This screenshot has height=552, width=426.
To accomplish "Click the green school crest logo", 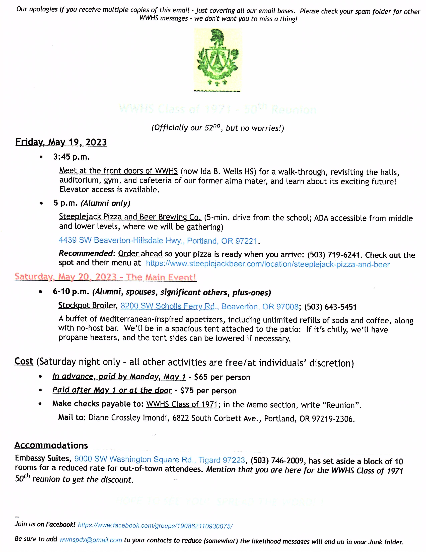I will (217, 59).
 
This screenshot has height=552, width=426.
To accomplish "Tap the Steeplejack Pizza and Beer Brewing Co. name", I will (130, 217).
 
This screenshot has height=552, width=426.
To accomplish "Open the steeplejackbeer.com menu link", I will (267, 264).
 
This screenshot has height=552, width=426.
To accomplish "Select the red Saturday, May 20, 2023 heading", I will (105, 277).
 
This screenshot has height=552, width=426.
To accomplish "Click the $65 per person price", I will (222, 377).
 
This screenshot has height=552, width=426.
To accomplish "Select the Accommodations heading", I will (51, 445).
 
